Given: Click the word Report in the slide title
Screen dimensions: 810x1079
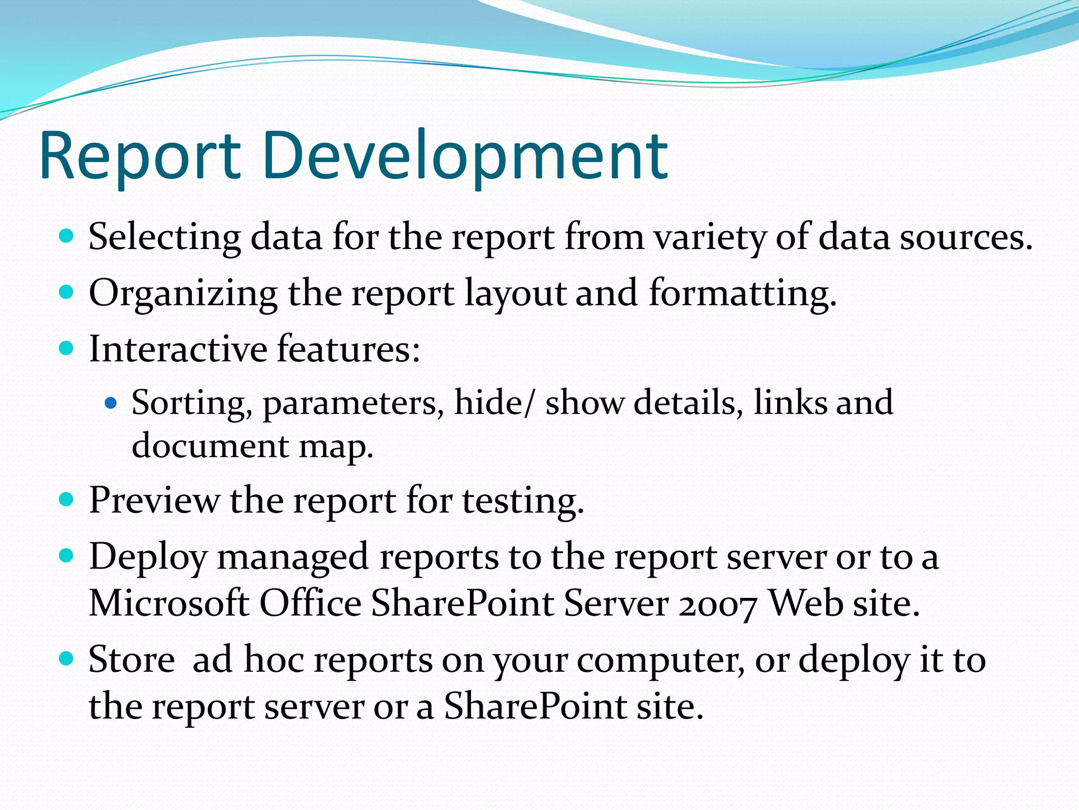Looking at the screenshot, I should (x=140, y=157).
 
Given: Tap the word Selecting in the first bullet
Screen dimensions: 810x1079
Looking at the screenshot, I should (x=164, y=237).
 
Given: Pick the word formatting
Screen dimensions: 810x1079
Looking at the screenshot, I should (x=742, y=294).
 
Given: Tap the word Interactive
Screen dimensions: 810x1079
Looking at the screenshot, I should (x=178, y=349).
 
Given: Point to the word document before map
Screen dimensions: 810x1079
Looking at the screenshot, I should (x=210, y=446).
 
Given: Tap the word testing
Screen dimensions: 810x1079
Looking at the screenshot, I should (x=523, y=501).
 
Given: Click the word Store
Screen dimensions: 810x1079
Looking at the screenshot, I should (x=132, y=660).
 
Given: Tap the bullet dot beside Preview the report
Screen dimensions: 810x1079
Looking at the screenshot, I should (x=66, y=499).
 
